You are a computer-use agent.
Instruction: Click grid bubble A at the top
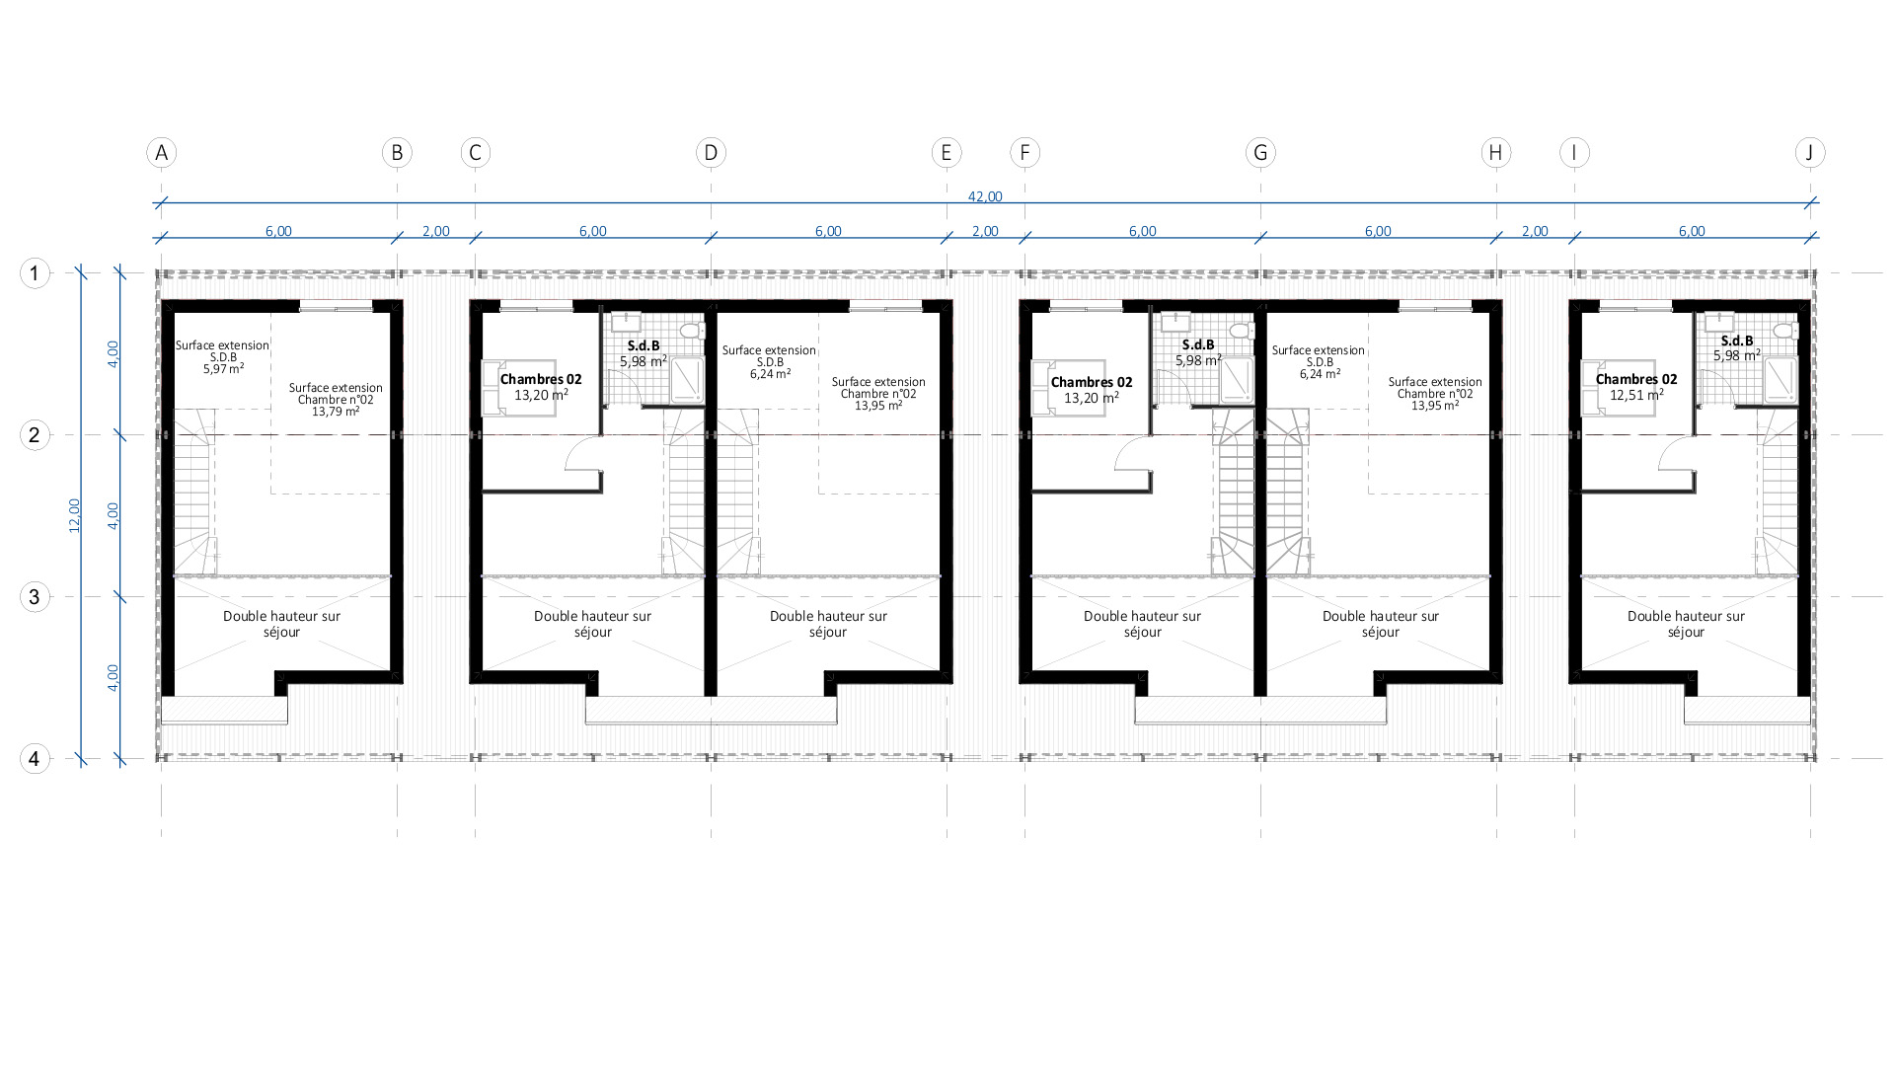[x=161, y=153]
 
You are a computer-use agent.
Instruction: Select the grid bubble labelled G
[x=1260, y=153]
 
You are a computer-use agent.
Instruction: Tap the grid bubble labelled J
[x=1810, y=153]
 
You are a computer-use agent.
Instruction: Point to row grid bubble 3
[x=35, y=596]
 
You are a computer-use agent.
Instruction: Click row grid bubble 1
[x=35, y=272]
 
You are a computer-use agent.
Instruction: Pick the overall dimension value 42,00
[x=985, y=196]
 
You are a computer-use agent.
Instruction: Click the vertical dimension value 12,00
[x=75, y=515]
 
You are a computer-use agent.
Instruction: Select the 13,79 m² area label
[x=336, y=412]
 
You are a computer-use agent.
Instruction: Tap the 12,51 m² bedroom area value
[x=1636, y=395]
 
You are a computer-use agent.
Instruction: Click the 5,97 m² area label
[x=224, y=369]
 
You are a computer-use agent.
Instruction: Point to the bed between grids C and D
[x=518, y=388]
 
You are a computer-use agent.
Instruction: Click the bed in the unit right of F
[x=1068, y=388]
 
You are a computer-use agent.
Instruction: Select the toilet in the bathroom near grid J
[x=1781, y=331]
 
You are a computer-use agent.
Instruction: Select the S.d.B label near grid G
[x=1198, y=344]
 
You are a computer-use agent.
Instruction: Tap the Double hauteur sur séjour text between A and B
[x=281, y=624]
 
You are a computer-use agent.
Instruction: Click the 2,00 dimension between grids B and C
[x=435, y=231]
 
